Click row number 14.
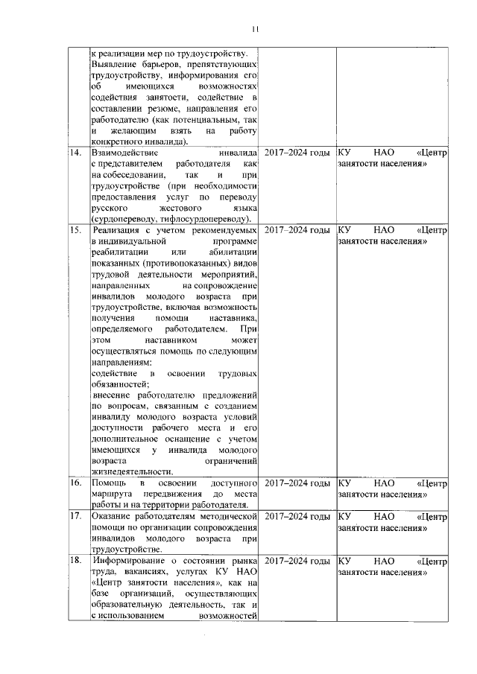coord(74,153)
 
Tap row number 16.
coord(74,484)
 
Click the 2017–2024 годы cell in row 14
coord(297,153)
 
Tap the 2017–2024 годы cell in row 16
coord(297,484)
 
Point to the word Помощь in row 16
coord(108,484)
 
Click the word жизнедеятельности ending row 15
coord(131,471)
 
